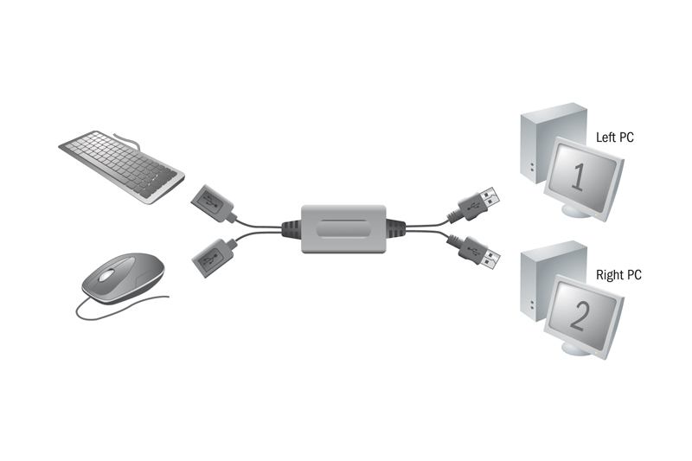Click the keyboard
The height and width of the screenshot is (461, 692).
point(122,167)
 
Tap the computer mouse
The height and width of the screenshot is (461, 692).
point(123,278)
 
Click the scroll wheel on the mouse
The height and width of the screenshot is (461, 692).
point(106,276)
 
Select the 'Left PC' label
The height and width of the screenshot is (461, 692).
point(614,138)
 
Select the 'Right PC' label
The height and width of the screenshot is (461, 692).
point(618,275)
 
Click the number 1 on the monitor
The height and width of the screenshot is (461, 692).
point(578,176)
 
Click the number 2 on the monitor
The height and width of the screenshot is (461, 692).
point(579,316)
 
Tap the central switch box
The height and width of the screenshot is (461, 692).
point(343,229)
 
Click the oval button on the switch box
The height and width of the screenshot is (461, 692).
point(343,229)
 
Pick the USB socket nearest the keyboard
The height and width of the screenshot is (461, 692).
point(212,203)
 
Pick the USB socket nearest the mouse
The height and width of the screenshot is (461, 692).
point(212,258)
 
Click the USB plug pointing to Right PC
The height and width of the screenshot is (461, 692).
point(480,253)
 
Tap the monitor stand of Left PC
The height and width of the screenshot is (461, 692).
point(575,210)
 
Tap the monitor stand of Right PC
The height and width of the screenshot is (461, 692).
point(575,349)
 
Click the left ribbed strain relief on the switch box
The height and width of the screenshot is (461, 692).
point(292,229)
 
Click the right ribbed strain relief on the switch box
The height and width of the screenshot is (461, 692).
point(396,229)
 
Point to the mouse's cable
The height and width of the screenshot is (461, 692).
point(119,309)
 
